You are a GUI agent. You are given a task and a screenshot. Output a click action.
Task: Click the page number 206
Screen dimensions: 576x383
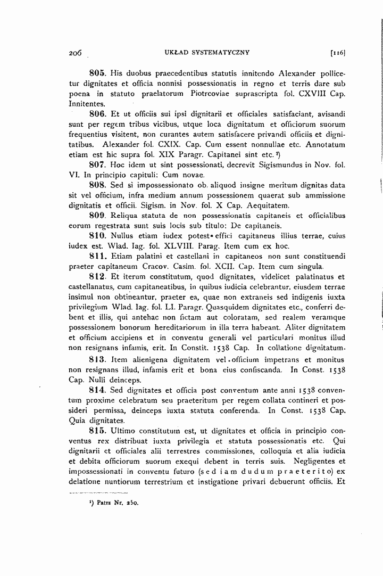(x=74, y=53)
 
